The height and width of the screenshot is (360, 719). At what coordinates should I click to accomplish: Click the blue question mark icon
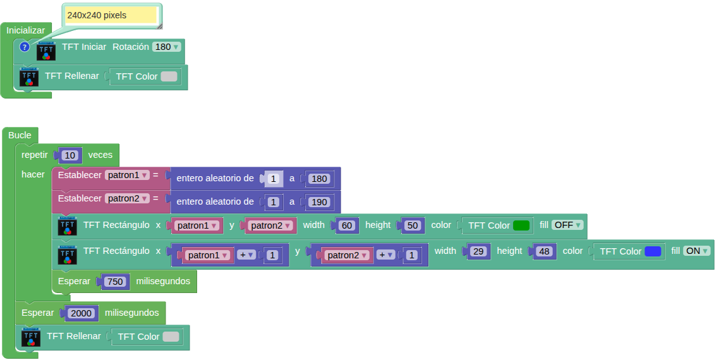coord(25,47)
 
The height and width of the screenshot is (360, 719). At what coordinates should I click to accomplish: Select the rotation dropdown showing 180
coord(167,47)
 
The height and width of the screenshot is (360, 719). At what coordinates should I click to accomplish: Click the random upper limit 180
coord(320,179)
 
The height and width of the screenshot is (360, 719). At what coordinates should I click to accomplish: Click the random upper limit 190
coord(320,202)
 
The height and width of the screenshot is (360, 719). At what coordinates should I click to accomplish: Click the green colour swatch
coord(521,225)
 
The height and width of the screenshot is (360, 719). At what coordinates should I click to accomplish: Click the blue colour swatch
coord(653,251)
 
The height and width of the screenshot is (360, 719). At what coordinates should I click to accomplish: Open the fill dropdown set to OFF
coord(567,225)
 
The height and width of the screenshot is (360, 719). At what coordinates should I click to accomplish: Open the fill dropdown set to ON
coord(697,251)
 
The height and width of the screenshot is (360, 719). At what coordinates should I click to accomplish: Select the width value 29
coord(478,251)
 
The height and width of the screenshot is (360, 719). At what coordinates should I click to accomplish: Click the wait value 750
coord(115,282)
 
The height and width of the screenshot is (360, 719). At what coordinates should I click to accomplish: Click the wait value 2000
coord(82,313)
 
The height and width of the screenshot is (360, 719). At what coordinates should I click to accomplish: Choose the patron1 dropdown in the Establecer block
coord(127,175)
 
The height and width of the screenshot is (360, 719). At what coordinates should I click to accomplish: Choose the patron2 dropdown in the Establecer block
coord(127,198)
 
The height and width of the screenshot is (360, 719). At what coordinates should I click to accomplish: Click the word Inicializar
coord(26,30)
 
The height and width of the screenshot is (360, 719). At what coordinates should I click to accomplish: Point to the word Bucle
coord(20,135)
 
